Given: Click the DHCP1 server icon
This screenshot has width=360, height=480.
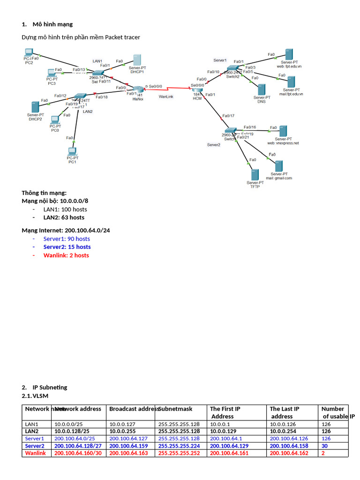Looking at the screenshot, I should [137, 60].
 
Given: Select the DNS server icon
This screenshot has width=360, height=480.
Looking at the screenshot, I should [262, 90].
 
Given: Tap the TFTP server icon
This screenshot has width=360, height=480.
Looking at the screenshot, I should [255, 175].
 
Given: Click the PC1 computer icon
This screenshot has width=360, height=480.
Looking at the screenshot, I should [72, 151].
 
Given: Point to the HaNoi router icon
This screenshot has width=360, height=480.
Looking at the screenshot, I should [138, 90].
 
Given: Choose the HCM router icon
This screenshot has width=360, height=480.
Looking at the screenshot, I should [197, 90].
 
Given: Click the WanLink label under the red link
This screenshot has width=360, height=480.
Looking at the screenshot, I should [166, 97].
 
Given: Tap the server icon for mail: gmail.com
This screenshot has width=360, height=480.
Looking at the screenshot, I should [279, 166].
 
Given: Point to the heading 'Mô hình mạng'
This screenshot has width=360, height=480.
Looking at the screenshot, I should [52, 24].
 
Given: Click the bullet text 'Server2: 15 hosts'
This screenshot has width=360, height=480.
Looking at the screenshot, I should [67, 247].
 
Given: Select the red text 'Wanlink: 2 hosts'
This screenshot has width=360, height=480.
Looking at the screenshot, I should [66, 255].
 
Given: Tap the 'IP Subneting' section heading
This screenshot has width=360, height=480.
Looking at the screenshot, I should [50, 388].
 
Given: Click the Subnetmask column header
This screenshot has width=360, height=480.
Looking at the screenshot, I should [175, 409].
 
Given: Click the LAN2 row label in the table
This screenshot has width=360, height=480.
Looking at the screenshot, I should [32, 431].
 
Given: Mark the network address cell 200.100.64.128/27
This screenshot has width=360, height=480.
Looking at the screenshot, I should [78, 446].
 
